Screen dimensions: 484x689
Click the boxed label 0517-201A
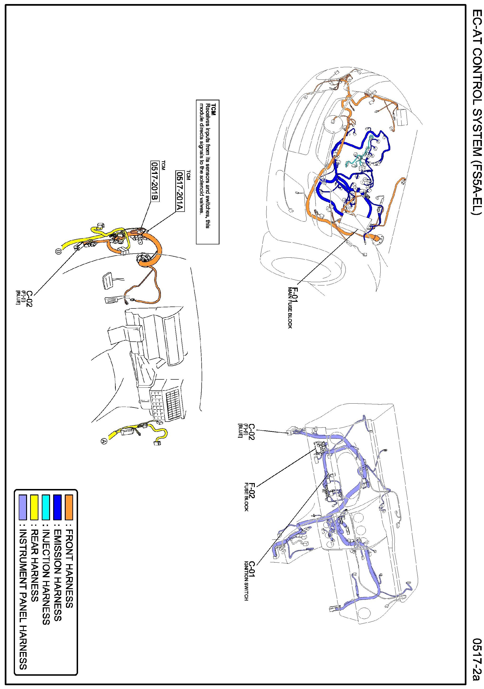(180, 191)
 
